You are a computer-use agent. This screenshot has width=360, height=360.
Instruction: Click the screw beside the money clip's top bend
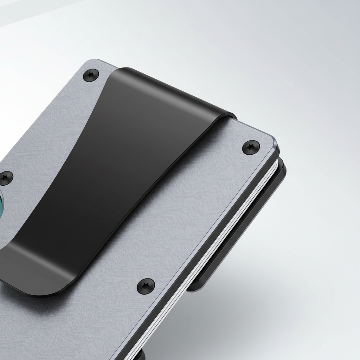click(x=91, y=75)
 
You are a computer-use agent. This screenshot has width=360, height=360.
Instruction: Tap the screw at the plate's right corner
click(x=251, y=147)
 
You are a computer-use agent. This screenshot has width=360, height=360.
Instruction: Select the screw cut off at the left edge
click(x=5, y=177)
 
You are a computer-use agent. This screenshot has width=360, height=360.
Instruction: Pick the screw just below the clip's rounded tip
click(x=146, y=285)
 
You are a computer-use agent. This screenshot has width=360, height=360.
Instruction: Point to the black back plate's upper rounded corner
click(x=281, y=165)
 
